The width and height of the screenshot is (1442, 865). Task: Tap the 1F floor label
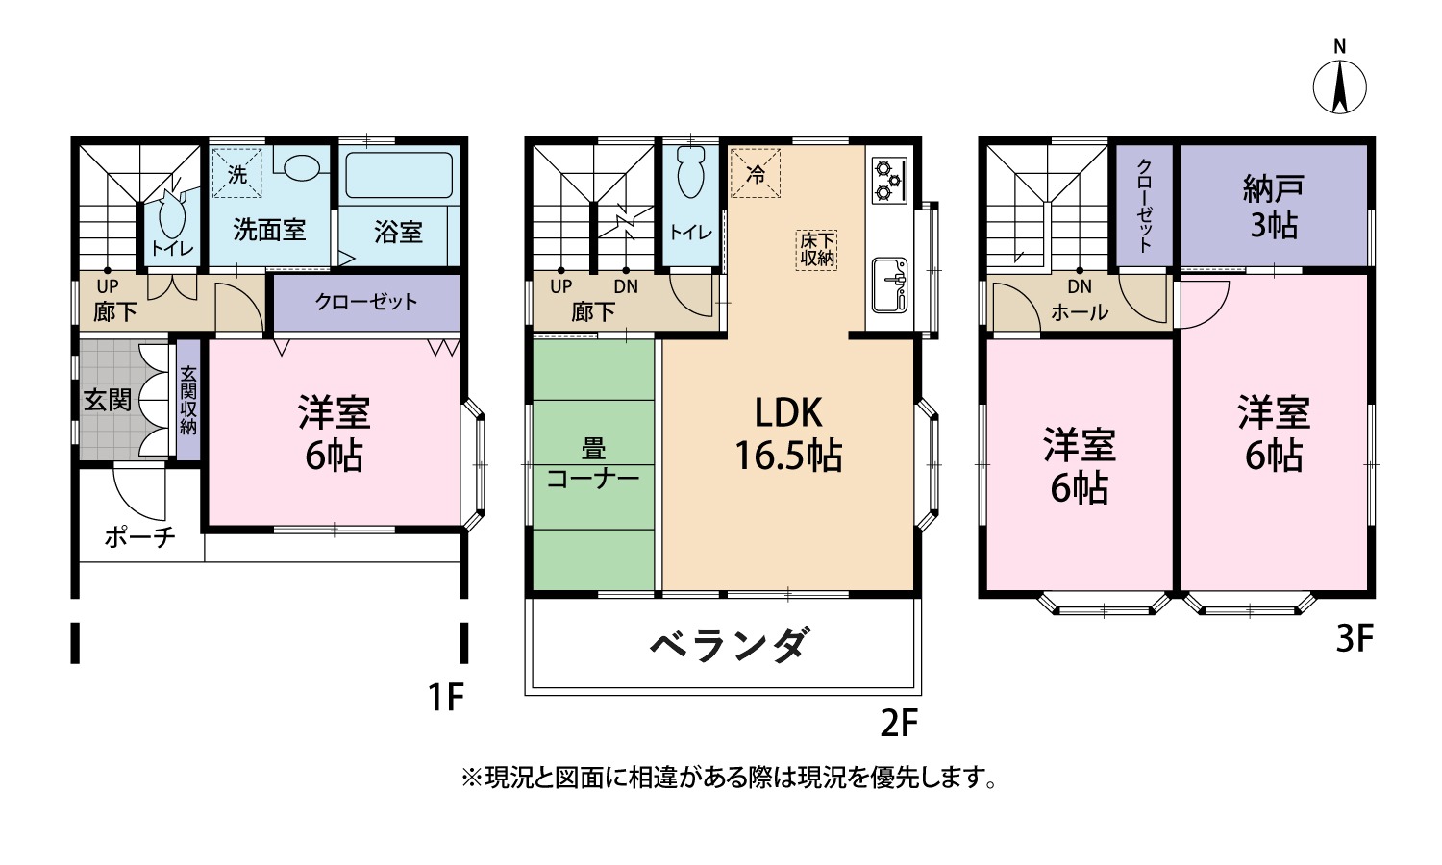click(x=446, y=697)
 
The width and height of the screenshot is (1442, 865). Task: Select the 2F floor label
click(x=899, y=724)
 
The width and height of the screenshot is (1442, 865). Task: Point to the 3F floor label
click(x=1355, y=639)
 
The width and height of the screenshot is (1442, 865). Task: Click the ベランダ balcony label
click(x=727, y=644)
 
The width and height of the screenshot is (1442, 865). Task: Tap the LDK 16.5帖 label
click(x=788, y=433)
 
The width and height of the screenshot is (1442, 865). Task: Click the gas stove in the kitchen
click(x=889, y=178)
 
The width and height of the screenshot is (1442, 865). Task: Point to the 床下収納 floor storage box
click(x=816, y=250)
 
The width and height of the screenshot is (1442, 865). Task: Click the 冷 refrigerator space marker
click(x=755, y=173)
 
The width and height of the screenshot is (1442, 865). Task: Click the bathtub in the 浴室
click(x=399, y=175)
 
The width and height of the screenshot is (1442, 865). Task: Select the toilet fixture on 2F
click(x=691, y=171)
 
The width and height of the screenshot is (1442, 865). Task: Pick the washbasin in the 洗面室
click(x=301, y=167)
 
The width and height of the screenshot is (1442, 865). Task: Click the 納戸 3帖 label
click(x=1274, y=206)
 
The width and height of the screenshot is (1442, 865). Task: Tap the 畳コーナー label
click(x=593, y=463)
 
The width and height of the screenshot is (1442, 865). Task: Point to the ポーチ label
click(x=139, y=536)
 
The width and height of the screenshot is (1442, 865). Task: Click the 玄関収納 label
click(x=188, y=400)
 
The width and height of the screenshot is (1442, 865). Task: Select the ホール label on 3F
click(x=1080, y=312)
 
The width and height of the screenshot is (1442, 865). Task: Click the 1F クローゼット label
click(x=366, y=302)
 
